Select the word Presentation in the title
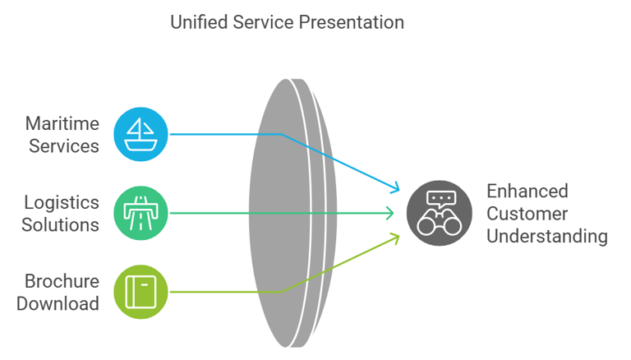[x=352, y=22]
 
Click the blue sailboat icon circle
[x=140, y=134]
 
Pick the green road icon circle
[x=140, y=213]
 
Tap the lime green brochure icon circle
[x=140, y=291]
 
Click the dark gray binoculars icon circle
[x=440, y=213]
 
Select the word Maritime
[x=62, y=124]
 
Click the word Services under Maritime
[x=64, y=146]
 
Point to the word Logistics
[x=62, y=202]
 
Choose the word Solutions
[x=61, y=224]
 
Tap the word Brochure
[x=62, y=281]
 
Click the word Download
[x=58, y=303]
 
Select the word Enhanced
[x=527, y=192]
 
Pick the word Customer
[x=527, y=214]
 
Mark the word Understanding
[x=547, y=237]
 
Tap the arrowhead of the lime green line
[x=396, y=236]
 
